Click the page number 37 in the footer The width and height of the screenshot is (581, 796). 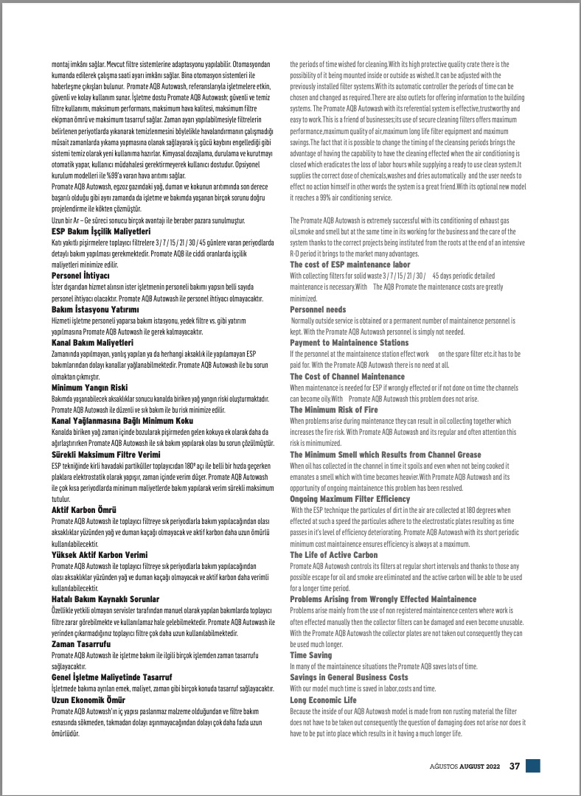pos(515,766)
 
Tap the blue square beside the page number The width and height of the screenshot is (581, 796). pos(533,766)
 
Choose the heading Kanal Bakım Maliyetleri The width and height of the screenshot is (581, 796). pos(92,343)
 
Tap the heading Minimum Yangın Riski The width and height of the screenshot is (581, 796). pos(90,386)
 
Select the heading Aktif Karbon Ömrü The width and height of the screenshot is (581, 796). pos(83,509)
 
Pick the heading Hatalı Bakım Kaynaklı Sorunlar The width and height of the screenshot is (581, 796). pos(106,600)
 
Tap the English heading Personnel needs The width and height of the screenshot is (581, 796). pos(318,310)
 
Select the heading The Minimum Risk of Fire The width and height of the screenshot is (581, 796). pos(334,409)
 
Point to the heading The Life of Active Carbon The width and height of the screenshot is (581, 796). pos(333,554)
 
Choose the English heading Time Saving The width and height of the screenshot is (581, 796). pos(311,654)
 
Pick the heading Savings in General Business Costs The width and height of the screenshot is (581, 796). pos(349,677)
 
